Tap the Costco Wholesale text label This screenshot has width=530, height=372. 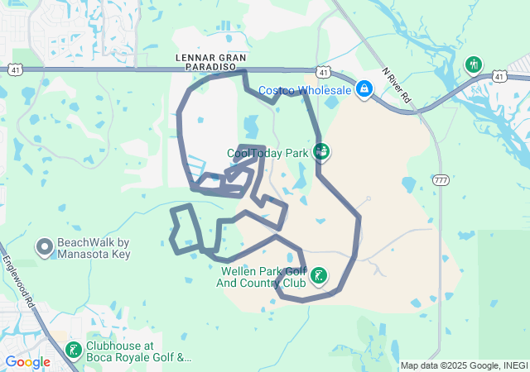point(305,89)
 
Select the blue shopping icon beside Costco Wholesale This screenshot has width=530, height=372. point(364,88)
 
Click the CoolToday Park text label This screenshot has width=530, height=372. point(267,153)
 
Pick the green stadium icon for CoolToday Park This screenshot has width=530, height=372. point(321,151)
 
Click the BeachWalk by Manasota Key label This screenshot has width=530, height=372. point(94,248)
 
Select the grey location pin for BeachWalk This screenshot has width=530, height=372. point(44,246)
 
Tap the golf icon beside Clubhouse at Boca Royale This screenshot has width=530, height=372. point(74,351)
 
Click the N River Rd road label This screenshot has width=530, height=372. point(397,84)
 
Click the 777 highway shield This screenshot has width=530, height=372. point(440,179)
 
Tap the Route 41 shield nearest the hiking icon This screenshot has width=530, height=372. point(499,76)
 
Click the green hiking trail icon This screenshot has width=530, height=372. point(473,64)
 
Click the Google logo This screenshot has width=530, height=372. point(27,362)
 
